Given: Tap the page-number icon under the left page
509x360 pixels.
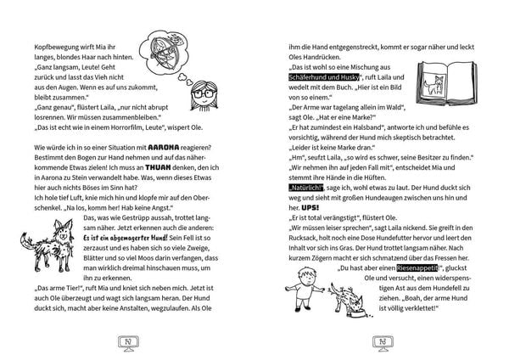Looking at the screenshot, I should tap(125, 342).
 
